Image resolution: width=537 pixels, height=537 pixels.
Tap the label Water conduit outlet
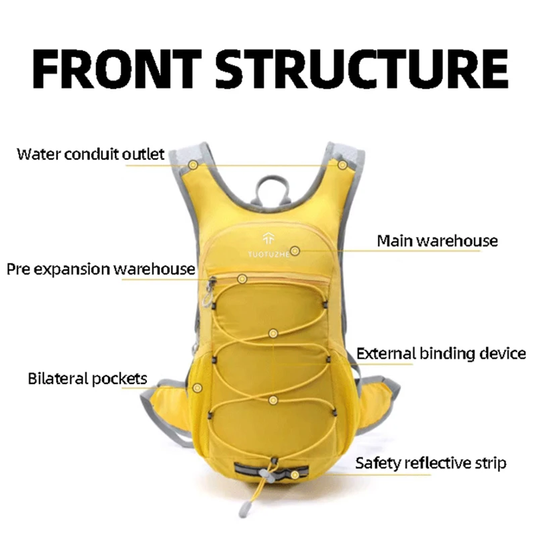click(x=91, y=154)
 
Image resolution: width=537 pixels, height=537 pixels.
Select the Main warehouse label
click(x=437, y=240)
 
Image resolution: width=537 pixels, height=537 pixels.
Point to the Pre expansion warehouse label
click(x=101, y=270)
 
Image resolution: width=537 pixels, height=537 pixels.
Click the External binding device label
click(x=440, y=353)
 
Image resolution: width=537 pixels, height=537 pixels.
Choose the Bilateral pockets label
click(x=87, y=379)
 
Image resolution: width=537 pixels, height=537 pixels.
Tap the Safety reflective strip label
click(x=430, y=463)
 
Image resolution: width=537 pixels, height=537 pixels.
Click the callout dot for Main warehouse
click(x=295, y=251)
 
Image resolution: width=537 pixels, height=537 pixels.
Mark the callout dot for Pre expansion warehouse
click(x=242, y=278)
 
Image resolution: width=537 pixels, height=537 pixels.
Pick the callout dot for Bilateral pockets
click(x=197, y=387)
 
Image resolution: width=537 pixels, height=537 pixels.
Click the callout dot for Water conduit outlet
click(x=193, y=164)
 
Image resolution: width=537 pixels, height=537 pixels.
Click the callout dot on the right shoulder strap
click(x=342, y=164)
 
